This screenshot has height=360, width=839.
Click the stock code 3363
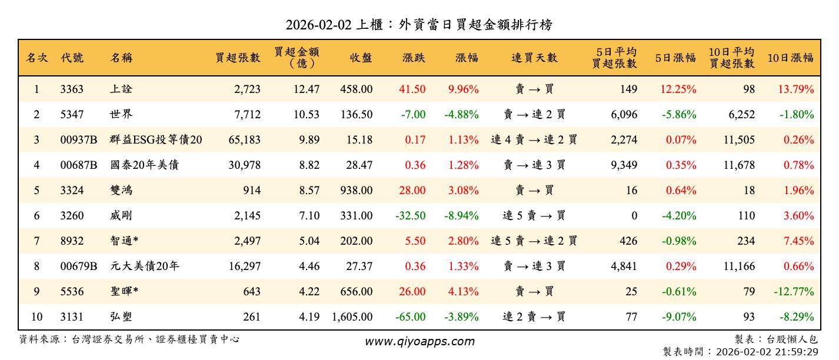click(x=72, y=89)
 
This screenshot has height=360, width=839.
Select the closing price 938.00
click(x=356, y=191)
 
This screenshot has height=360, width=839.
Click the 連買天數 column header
click(x=534, y=58)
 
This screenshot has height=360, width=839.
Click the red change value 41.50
click(x=414, y=89)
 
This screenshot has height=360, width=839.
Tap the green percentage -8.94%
click(x=463, y=216)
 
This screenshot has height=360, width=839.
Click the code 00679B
click(x=78, y=266)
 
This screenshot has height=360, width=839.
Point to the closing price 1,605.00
click(x=352, y=317)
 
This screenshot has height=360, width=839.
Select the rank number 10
click(x=36, y=317)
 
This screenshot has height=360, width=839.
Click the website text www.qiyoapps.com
click(x=419, y=341)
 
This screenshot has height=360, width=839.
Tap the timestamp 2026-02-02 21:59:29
click(x=765, y=352)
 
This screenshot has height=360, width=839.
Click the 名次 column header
click(x=37, y=58)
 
